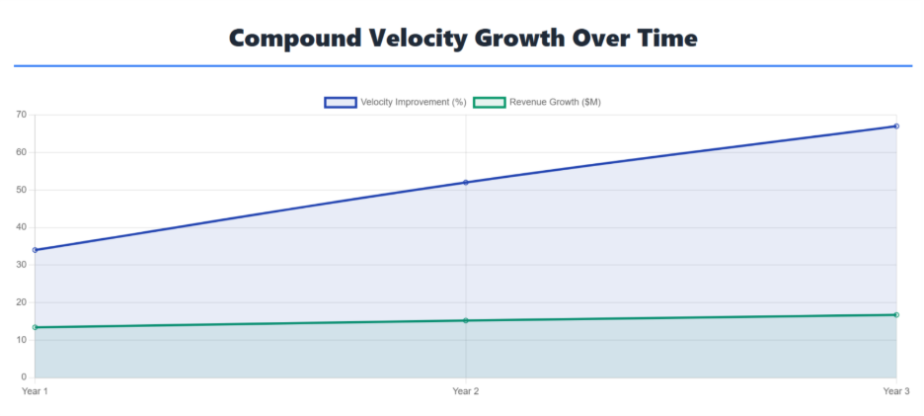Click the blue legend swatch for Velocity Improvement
(x=340, y=102)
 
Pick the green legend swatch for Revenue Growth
(x=490, y=102)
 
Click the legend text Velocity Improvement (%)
(x=414, y=102)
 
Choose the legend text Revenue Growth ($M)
(x=555, y=102)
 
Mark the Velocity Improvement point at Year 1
(x=35, y=250)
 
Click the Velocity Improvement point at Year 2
(x=466, y=183)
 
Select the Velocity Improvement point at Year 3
(x=896, y=126)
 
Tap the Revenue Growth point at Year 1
(x=35, y=327)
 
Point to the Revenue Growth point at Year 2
(x=466, y=320)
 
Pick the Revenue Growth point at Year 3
(x=896, y=314)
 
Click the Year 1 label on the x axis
(x=35, y=390)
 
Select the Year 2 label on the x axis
(x=466, y=390)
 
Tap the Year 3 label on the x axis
(x=896, y=390)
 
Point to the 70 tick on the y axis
(x=23, y=115)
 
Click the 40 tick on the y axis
(x=23, y=227)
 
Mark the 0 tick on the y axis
(x=25, y=377)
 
